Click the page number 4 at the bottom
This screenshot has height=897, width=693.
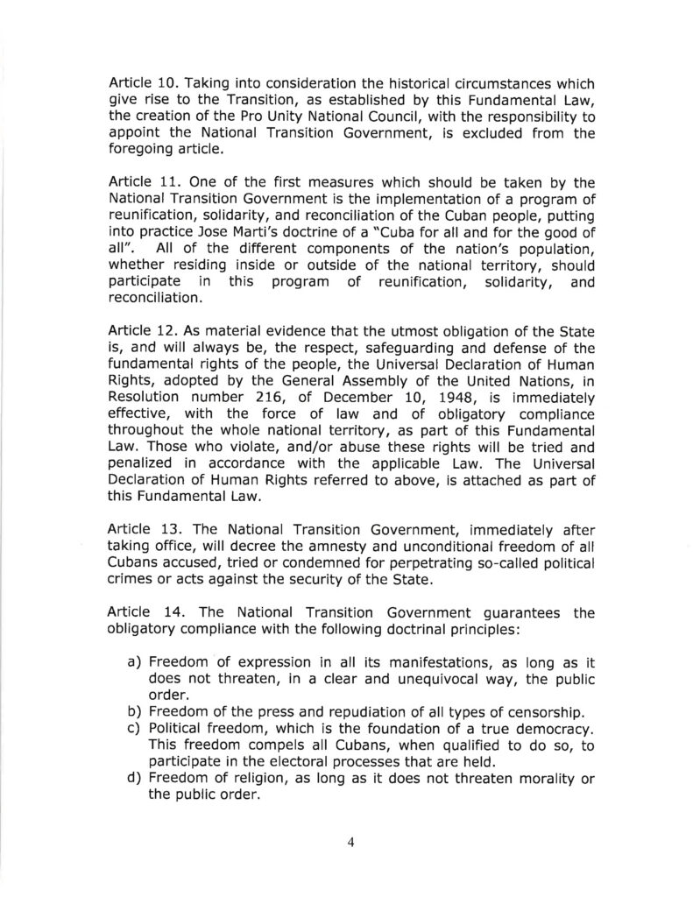point(350,843)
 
